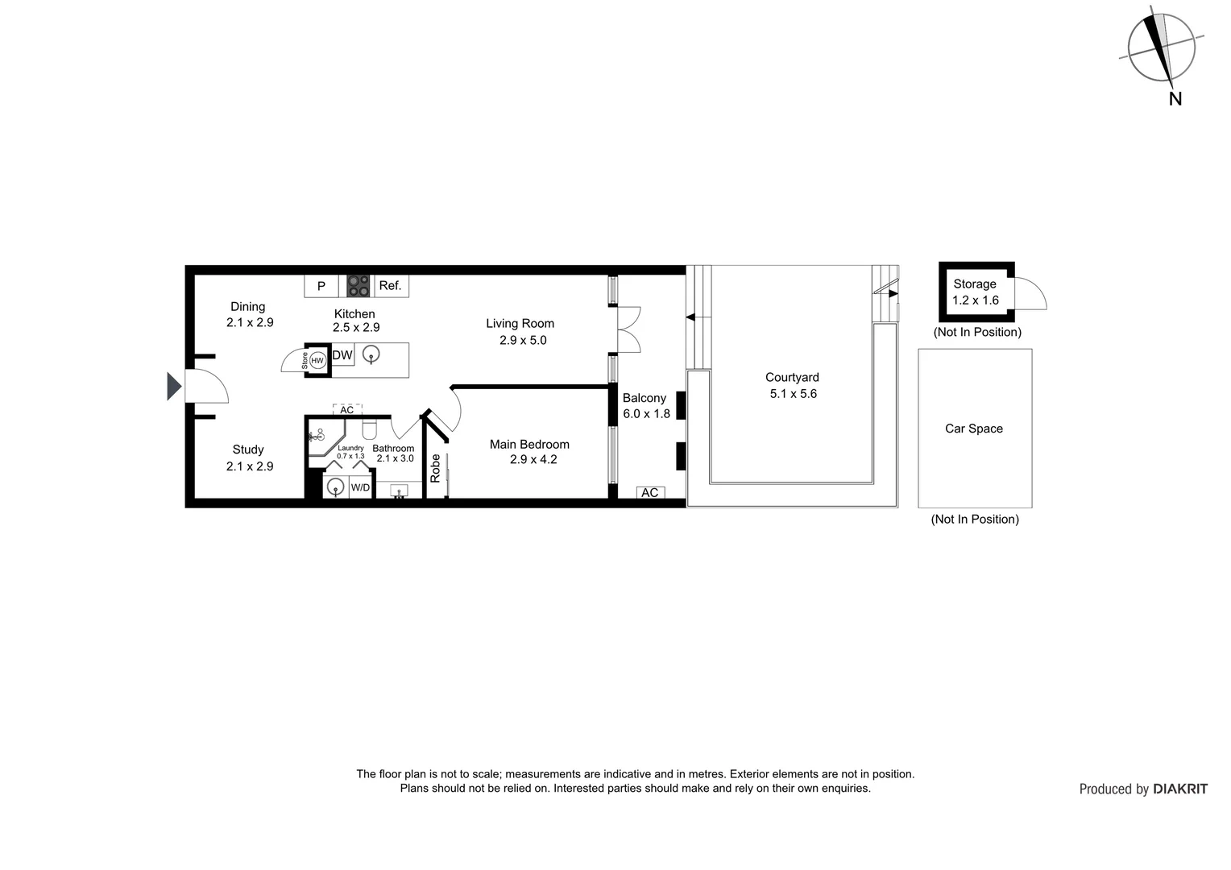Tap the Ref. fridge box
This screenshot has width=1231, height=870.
click(x=390, y=286)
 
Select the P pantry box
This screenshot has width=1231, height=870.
click(x=321, y=286)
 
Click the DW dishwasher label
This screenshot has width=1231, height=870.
click(x=342, y=355)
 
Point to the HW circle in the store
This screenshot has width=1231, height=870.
click(x=317, y=360)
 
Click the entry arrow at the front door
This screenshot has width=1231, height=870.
click(x=173, y=386)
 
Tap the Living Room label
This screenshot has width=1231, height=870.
click(x=520, y=324)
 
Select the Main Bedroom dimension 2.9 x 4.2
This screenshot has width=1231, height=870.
click(x=533, y=460)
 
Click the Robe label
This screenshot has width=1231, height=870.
click(x=436, y=468)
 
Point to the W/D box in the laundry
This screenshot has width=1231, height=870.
click(x=360, y=487)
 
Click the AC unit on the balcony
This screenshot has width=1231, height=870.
click(x=650, y=492)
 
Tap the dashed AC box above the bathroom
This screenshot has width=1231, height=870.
click(x=347, y=410)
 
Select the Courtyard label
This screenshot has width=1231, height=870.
click(x=792, y=377)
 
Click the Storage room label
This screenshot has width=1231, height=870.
click(x=975, y=284)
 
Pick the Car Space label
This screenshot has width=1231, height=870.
click(x=973, y=429)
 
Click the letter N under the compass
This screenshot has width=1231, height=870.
click(x=1175, y=99)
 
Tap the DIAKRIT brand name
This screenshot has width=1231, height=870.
click(x=1180, y=789)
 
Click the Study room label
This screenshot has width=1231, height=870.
click(x=248, y=449)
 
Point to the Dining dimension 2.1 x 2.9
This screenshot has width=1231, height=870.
click(x=250, y=322)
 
